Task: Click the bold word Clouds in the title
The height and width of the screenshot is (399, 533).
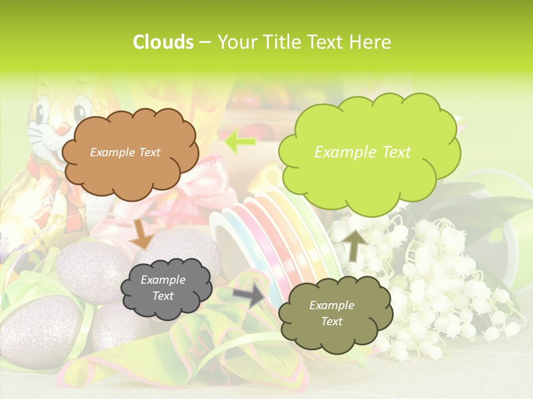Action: pyautogui.click(x=163, y=42)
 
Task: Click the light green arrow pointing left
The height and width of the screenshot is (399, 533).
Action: pyautogui.click(x=240, y=142)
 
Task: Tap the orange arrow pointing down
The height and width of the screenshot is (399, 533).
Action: pyautogui.click(x=142, y=234)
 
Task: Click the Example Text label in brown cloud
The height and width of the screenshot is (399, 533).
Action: pyautogui.click(x=125, y=152)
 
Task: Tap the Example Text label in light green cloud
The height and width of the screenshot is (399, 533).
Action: pyautogui.click(x=363, y=152)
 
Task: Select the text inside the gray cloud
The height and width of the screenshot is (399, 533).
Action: pyautogui.click(x=163, y=288)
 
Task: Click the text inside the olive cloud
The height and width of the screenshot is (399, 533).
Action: pyautogui.click(x=331, y=313)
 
